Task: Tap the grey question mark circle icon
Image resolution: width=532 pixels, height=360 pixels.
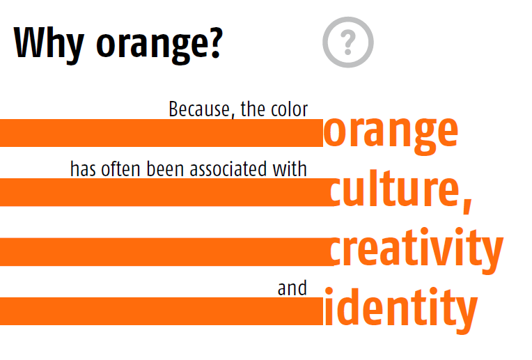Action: click(x=347, y=42)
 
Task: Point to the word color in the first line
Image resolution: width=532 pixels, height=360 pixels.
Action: click(x=290, y=109)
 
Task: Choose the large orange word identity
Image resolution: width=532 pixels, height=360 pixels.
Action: click(x=400, y=309)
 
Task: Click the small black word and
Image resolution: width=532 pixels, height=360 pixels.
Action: click(x=292, y=288)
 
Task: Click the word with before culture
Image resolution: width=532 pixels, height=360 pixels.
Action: click(x=292, y=169)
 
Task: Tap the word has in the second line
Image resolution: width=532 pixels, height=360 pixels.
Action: click(x=83, y=169)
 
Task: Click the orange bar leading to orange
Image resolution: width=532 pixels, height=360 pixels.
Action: click(x=160, y=133)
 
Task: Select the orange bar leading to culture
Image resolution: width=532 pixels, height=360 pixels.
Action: click(x=164, y=192)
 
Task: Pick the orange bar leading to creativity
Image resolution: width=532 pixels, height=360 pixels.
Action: click(x=164, y=251)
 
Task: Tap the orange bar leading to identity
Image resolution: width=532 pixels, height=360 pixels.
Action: click(x=160, y=311)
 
